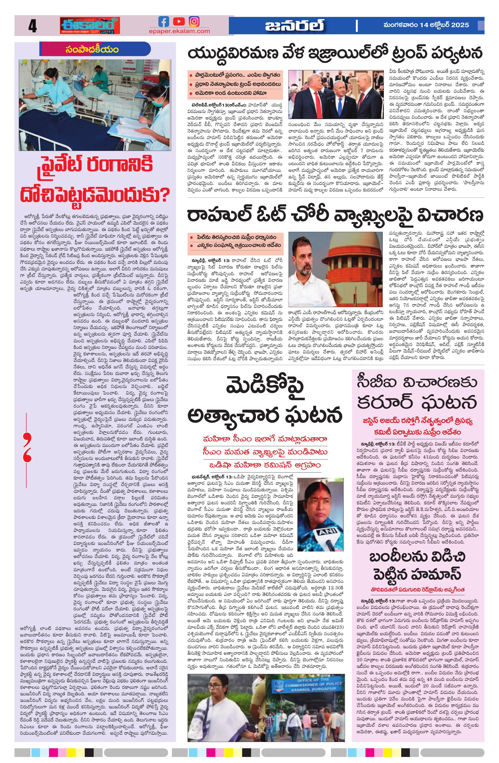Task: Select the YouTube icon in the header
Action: point(179,21)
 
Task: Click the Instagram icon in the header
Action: point(194,21)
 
